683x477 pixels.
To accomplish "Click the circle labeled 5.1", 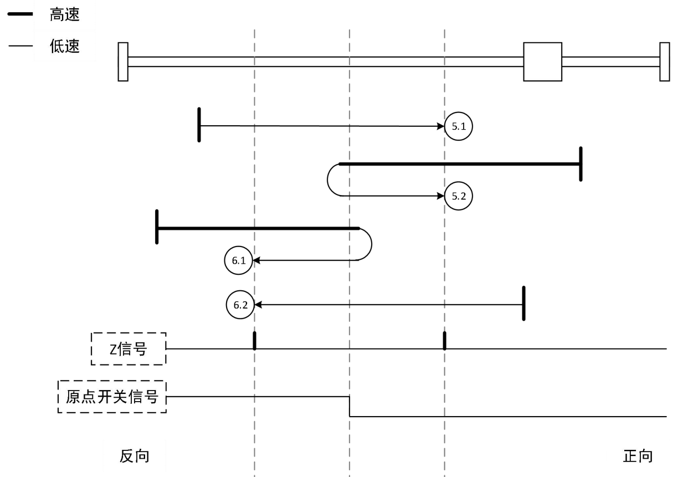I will tap(459, 126).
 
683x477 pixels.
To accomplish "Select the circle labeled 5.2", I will tap(459, 196).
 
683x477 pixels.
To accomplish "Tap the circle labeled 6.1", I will tap(239, 259).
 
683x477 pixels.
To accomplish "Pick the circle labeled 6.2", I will tap(241, 304).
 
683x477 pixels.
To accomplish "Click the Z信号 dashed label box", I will tap(129, 348).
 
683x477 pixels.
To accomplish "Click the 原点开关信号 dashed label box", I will tap(112, 397).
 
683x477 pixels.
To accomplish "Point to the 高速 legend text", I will tap(64, 16).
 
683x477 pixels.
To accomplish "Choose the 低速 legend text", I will tap(64, 46).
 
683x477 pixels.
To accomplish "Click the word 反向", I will tap(135, 456).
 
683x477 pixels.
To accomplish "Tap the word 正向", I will tap(638, 456).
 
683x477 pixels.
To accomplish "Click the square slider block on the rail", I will tap(543, 61).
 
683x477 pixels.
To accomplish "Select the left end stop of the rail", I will tap(123, 61).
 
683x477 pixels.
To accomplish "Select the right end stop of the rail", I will tap(665, 61).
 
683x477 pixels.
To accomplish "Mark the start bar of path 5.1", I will tap(199, 125).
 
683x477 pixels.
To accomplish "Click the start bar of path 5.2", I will tap(581, 164).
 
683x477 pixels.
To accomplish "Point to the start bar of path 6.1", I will tap(157, 227).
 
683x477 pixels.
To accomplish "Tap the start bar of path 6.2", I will tap(523, 304).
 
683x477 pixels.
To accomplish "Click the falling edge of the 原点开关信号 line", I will tap(350, 407).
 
